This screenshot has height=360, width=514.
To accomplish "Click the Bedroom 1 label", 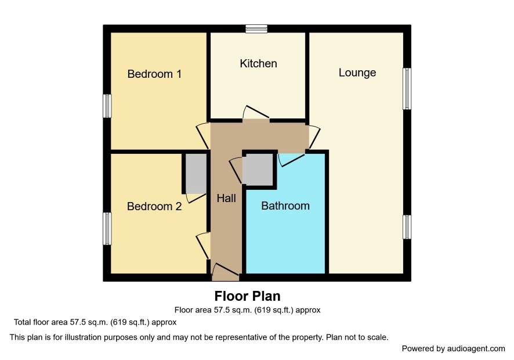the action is [x=154, y=74].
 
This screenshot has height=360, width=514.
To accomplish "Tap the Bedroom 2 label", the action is [x=154, y=206].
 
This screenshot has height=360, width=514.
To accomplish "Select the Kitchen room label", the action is [x=258, y=63].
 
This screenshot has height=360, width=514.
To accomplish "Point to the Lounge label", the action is [x=357, y=73].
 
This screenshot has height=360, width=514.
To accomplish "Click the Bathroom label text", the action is [x=285, y=206].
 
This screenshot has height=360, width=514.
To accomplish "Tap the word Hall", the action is [x=226, y=198].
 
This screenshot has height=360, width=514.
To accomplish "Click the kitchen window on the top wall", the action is [x=256, y=29].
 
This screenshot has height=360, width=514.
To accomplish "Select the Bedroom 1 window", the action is [x=107, y=106].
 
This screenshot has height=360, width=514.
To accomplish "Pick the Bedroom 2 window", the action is [x=107, y=228].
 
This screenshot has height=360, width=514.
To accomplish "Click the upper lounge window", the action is [x=407, y=89].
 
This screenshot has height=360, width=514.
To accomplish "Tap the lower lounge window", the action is [x=407, y=227].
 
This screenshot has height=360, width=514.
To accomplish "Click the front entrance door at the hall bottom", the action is [x=226, y=272].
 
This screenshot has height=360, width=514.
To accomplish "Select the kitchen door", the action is [x=256, y=114].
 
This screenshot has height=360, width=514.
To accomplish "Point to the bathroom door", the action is [x=291, y=159].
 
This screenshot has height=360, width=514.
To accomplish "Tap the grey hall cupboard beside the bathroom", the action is [x=258, y=170].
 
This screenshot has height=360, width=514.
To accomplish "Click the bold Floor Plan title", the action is [x=248, y=296].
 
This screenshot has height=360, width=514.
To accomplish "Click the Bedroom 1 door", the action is [x=203, y=135].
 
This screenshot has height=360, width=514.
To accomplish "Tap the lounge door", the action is [x=313, y=137].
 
